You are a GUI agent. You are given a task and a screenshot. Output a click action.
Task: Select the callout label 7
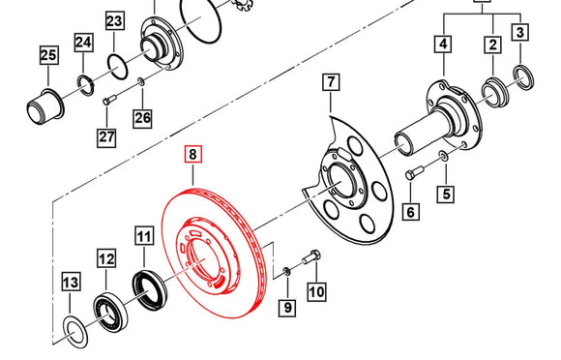pos(330,82)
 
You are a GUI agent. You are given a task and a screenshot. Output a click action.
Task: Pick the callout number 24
pos(83,42)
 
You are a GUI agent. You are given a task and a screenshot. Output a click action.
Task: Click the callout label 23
pos(114,21)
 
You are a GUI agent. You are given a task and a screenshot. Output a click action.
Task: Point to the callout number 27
pos(105,136)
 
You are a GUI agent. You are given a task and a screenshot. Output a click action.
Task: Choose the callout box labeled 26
pos(142,118)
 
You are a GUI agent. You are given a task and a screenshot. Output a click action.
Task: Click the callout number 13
pos(71,283)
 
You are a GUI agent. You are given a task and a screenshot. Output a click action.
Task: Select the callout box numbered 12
pos(105,258)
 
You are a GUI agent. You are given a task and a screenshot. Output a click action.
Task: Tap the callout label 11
pos(144,236)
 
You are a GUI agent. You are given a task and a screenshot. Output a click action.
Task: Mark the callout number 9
pos(285,309)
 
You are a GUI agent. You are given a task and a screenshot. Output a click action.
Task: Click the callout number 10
pos(316,289)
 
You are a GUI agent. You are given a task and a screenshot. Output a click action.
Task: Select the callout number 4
pos(443,44)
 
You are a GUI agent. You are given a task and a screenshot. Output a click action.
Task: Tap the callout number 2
pos(492,44)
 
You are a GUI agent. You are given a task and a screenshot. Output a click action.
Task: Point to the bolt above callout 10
pos(310,257)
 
